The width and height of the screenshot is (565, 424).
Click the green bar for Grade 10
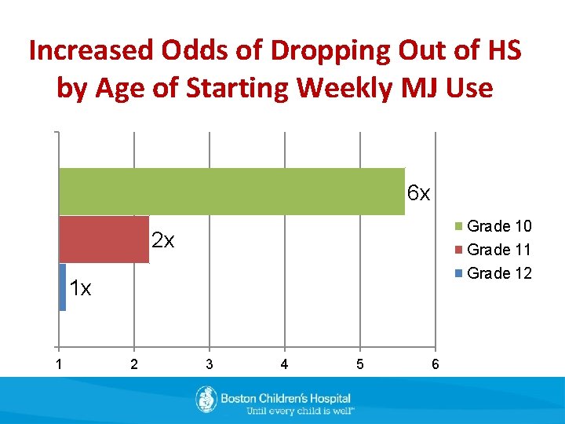pyautogui.click(x=231, y=192)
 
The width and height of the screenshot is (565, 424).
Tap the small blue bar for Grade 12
pyautogui.click(x=62, y=287)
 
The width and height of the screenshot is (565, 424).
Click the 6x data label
pyautogui.click(x=418, y=193)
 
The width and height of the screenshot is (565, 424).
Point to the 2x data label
pyautogui.click(x=162, y=240)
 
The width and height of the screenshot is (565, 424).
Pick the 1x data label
pyautogui.click(x=79, y=288)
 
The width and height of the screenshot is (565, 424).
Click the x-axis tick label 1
pyautogui.click(x=58, y=364)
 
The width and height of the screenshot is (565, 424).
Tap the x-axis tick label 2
pyautogui.click(x=133, y=364)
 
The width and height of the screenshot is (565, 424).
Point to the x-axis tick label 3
pyautogui.click(x=209, y=364)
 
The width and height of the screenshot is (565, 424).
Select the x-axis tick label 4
pyautogui.click(x=284, y=364)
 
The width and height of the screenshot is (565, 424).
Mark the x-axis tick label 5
pyautogui.click(x=359, y=364)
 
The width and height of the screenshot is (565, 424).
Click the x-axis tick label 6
pyautogui.click(x=435, y=364)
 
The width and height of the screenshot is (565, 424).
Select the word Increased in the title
pyautogui.click(x=89, y=51)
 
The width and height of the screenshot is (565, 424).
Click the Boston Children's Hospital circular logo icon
pyautogui.click(x=206, y=400)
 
